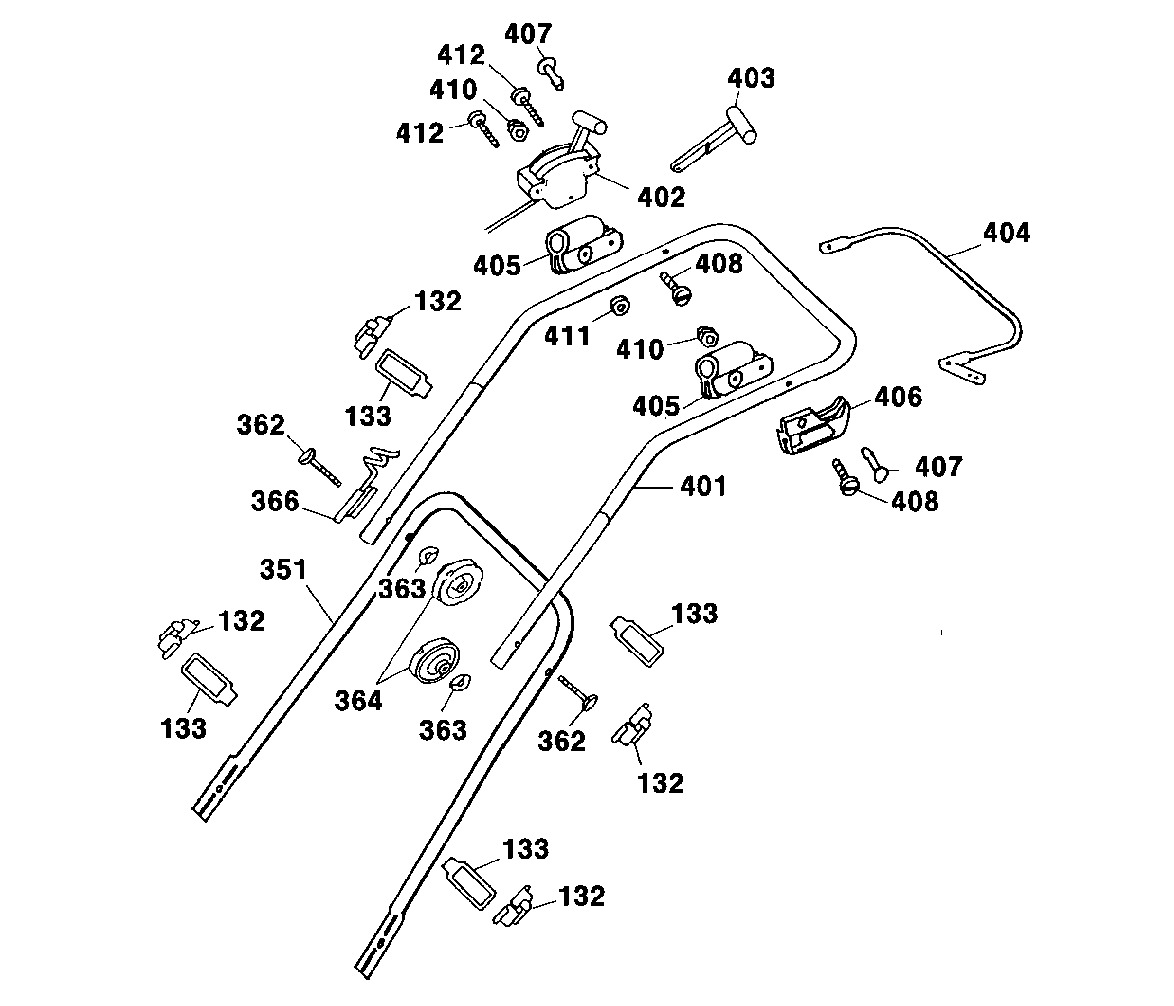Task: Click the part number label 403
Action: tap(751, 79)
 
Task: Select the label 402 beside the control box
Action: tap(661, 198)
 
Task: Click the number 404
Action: tap(1006, 233)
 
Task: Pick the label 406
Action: tap(898, 397)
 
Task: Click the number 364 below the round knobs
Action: tap(358, 701)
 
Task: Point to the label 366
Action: tap(275, 501)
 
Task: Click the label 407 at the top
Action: tap(528, 35)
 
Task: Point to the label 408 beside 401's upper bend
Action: tap(719, 264)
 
